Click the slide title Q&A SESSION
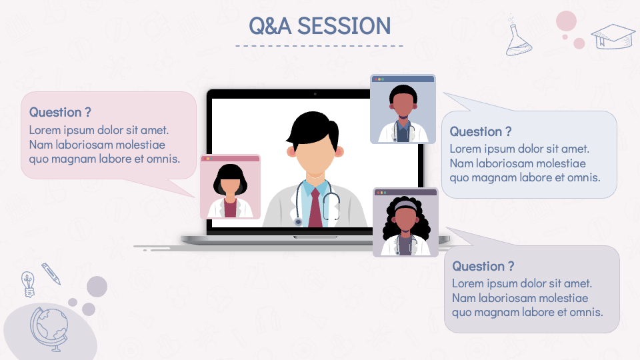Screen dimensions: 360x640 tap(319, 25)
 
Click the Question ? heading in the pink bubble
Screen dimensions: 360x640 tap(60, 112)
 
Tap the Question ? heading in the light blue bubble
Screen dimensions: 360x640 tap(480, 131)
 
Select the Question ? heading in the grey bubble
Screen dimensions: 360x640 tap(483, 266)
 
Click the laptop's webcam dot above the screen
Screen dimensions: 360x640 tap(315, 94)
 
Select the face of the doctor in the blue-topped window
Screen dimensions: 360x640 tap(402, 105)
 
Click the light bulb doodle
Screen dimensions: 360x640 tap(27, 283)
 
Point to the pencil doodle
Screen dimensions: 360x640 tap(51, 273)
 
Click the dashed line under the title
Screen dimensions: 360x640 tap(319, 46)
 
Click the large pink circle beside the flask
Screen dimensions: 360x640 tap(566, 21)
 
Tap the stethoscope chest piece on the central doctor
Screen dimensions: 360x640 tap(298, 221)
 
